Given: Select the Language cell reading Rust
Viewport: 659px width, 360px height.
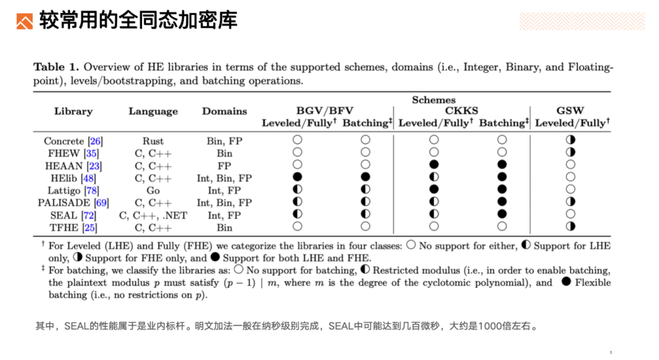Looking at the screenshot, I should point(153,141).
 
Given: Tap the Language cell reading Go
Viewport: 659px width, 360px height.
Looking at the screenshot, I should point(153,190).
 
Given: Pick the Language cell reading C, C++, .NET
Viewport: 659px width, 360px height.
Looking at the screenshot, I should point(153,215).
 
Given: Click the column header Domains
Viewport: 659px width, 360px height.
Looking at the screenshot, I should point(225,112).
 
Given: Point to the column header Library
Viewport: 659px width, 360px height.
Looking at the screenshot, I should point(73,112).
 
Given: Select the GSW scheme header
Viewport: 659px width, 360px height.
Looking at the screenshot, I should point(570,111).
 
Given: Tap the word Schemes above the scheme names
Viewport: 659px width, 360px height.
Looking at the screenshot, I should point(433,100).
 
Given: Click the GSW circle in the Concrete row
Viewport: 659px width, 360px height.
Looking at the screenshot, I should point(571,140).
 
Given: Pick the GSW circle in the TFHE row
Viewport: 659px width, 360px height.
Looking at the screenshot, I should point(571,226).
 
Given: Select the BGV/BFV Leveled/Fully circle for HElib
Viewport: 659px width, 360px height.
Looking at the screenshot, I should point(298,178).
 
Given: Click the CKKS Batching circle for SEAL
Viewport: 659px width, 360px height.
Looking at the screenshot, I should point(502,214).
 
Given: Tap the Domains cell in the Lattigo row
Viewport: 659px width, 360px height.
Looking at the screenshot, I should point(225,190).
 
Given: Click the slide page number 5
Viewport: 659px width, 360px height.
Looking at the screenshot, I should point(610,352).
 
